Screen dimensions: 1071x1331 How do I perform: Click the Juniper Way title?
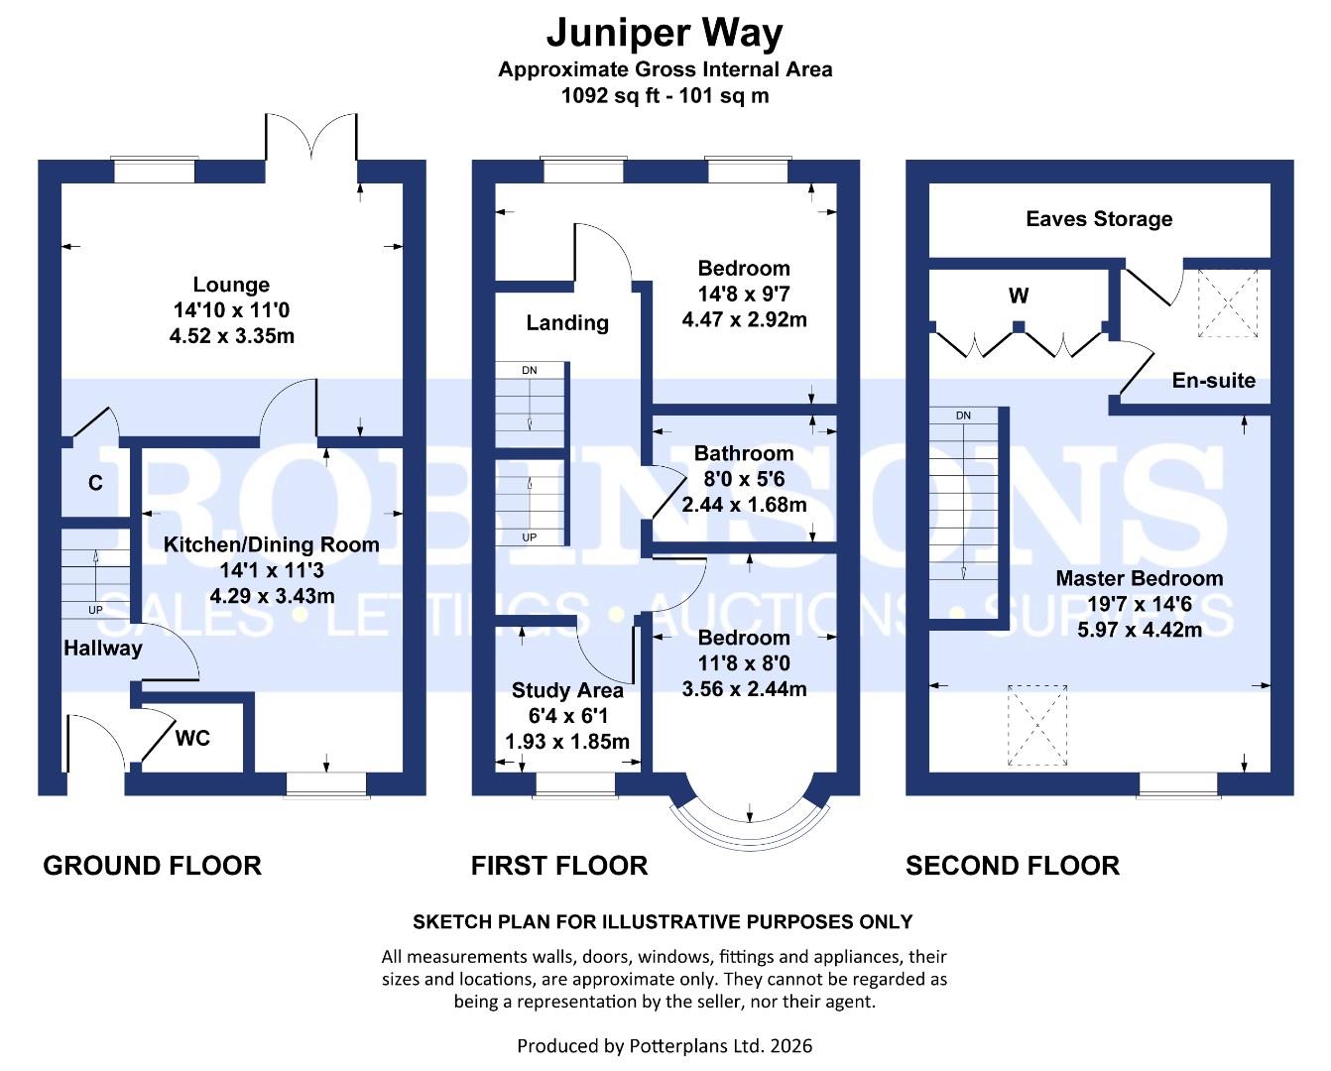click(665, 33)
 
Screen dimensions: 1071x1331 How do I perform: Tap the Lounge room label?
click(231, 285)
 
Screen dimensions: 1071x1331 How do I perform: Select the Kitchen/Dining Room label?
click(271, 544)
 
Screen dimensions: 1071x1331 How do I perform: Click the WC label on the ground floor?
click(192, 738)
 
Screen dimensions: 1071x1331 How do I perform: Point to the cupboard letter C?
click(95, 483)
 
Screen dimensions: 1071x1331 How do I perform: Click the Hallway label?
click(103, 649)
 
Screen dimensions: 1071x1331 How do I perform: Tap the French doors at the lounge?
click(310, 139)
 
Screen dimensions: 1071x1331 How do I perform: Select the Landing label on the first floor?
click(567, 322)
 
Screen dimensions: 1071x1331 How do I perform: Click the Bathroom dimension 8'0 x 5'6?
click(744, 479)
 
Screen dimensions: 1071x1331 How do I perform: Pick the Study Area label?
click(567, 690)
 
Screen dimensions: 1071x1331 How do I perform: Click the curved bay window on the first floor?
click(748, 815)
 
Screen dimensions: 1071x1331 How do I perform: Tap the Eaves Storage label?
click(1099, 219)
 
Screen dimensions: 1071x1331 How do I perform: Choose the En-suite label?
click(1213, 381)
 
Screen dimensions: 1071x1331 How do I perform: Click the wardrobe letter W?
click(1019, 296)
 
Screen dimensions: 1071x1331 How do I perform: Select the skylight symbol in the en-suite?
click(1228, 302)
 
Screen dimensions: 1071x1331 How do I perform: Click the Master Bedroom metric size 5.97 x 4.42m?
click(1140, 630)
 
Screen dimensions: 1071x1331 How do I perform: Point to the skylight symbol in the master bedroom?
click(1037, 726)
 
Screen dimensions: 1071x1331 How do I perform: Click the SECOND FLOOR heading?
click(1012, 866)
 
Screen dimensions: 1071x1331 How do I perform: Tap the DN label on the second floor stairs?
click(963, 416)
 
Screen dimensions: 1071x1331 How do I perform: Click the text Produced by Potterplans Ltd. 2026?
click(665, 1045)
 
